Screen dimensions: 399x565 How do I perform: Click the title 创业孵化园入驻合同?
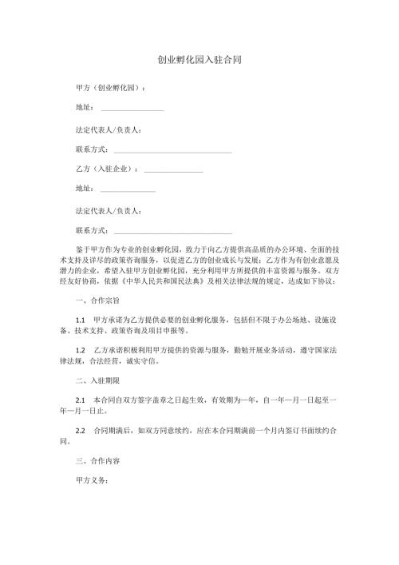click(199, 59)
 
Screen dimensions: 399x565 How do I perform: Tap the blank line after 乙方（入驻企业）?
click(174, 170)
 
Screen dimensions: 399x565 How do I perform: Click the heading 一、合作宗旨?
click(96, 304)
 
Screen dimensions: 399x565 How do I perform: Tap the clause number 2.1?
click(80, 398)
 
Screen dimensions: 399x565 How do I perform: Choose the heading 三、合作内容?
click(96, 461)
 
